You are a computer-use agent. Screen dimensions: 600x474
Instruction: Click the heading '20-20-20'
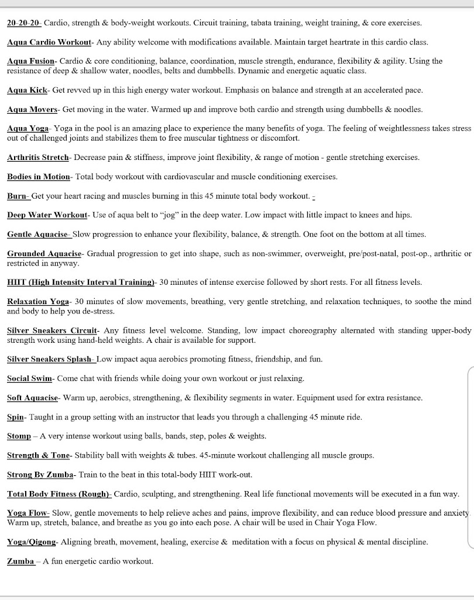click(23, 23)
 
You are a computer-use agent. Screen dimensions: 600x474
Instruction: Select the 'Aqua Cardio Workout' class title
click(49, 42)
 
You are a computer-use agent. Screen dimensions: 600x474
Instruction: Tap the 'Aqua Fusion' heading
click(31, 61)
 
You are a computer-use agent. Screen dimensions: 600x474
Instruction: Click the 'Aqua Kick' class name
click(27, 90)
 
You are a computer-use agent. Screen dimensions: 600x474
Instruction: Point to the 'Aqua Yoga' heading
click(28, 128)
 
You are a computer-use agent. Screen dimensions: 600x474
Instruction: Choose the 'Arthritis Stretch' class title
click(38, 157)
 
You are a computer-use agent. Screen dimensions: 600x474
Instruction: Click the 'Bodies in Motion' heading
click(38, 176)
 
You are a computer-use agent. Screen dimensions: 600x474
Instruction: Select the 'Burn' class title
click(18, 196)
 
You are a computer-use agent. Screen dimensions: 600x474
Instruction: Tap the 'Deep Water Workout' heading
click(47, 215)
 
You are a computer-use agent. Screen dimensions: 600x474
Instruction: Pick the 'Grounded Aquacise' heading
click(44, 254)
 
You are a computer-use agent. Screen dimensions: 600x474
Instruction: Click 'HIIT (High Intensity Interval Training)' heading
click(80, 282)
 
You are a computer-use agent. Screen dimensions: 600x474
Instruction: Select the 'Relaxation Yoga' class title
click(38, 301)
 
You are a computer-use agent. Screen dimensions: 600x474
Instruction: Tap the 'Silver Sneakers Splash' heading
click(50, 359)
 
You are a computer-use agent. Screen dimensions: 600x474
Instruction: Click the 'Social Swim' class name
click(30, 378)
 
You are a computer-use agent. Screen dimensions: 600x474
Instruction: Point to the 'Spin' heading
click(15, 417)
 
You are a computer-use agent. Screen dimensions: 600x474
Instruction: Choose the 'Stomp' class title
click(19, 436)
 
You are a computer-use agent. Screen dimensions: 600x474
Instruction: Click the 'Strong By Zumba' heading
click(40, 475)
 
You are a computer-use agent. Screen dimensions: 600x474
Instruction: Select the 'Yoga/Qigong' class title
click(31, 542)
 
